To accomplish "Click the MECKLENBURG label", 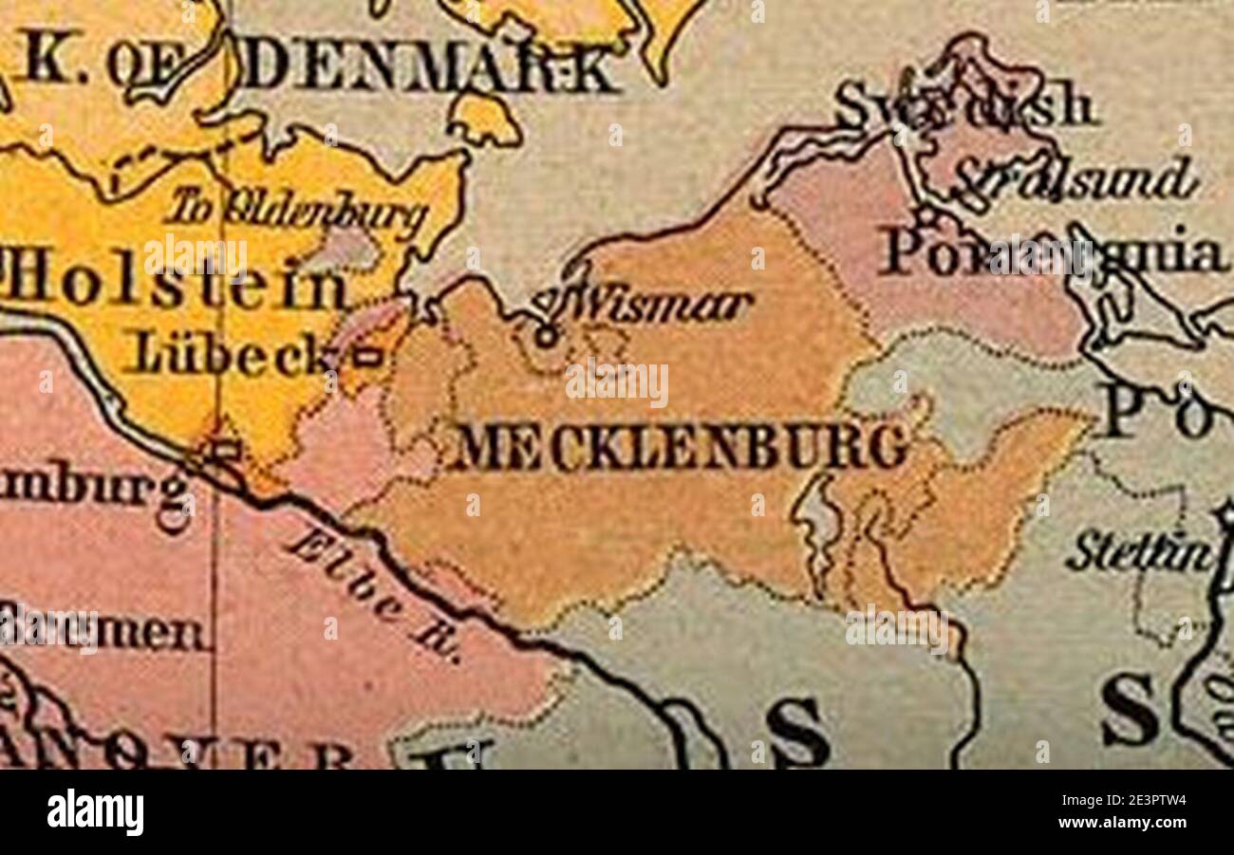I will [x=678, y=447].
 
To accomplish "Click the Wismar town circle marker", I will [x=545, y=335].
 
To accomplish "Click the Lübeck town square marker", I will [x=368, y=357].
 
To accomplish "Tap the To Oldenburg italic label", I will [x=295, y=212].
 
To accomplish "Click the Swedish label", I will [x=963, y=106].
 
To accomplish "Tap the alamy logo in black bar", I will [x=95, y=813].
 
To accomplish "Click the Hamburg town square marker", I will [x=226, y=450].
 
